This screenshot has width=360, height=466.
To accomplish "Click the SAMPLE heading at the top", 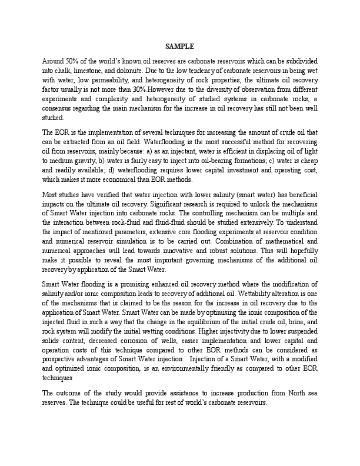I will [x=179, y=46].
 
